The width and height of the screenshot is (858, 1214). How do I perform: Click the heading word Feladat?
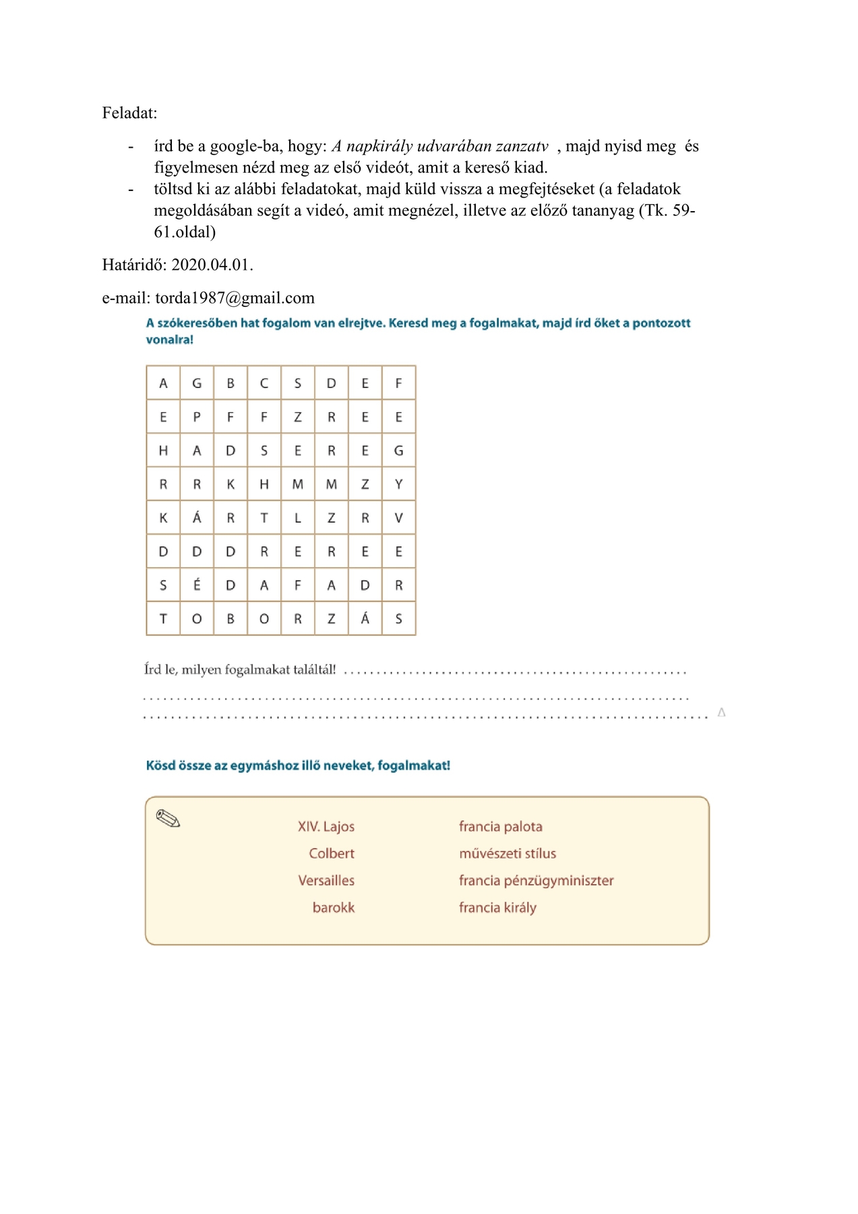click(129, 113)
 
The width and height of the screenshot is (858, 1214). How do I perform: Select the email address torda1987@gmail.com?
click(235, 298)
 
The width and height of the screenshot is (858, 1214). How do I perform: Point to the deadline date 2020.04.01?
click(212, 264)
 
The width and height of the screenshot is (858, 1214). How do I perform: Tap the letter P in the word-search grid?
click(197, 417)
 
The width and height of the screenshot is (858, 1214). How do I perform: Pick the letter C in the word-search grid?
click(264, 383)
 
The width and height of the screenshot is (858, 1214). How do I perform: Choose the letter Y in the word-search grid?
click(399, 484)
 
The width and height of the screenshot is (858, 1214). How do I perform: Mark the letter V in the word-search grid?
click(399, 518)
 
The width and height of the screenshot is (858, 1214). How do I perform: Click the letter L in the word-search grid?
click(298, 518)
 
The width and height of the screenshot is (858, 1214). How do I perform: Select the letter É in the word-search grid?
click(197, 585)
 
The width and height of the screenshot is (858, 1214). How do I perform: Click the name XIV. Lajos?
click(326, 826)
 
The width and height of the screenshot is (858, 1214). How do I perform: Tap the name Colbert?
click(332, 853)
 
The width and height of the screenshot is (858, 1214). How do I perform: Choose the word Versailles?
click(326, 880)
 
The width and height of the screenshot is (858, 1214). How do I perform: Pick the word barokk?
click(334, 907)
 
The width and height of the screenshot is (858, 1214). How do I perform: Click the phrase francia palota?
click(501, 826)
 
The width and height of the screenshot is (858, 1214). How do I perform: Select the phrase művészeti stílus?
click(508, 853)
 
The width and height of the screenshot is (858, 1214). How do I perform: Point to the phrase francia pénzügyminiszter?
click(537, 880)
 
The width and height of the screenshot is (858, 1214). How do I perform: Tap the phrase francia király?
click(497, 907)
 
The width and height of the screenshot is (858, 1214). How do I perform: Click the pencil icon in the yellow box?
click(168, 819)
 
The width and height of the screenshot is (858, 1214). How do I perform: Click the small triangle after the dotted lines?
click(722, 712)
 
